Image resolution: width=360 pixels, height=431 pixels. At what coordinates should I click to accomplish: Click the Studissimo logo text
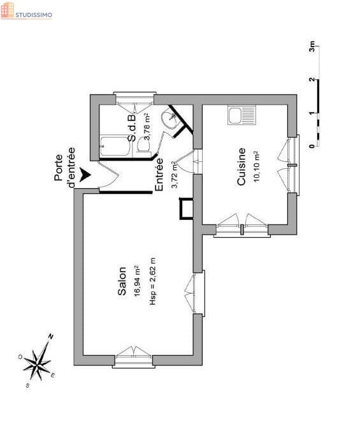[34, 15]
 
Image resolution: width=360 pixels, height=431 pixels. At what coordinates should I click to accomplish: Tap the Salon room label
[122, 281]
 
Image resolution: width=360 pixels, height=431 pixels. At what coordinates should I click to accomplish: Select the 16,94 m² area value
[137, 281]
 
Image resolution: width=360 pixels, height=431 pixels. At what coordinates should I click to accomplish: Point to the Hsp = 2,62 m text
[152, 281]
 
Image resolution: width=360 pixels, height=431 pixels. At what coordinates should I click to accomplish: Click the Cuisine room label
[241, 166]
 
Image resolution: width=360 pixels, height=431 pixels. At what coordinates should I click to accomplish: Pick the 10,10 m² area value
[257, 166]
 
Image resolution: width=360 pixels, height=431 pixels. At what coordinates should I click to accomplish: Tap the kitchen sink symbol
[241, 115]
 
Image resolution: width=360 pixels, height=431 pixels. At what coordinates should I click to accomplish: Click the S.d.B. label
[132, 128]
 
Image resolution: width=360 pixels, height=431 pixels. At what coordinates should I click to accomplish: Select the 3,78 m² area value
[147, 127]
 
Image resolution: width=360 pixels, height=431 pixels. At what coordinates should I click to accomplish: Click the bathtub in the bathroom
[115, 146]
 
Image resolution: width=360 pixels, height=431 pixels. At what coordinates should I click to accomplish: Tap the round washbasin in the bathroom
[169, 119]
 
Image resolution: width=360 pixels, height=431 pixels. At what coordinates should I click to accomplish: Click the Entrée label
[159, 174]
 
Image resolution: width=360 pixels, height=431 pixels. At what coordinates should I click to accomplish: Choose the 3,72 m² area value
[175, 174]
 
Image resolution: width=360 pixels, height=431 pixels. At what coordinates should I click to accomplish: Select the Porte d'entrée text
[64, 167]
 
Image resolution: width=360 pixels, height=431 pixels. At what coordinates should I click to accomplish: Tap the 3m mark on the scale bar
[312, 46]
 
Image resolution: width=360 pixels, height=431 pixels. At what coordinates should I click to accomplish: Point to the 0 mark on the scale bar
[312, 146]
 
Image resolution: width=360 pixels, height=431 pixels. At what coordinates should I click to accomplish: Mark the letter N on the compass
[51, 337]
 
